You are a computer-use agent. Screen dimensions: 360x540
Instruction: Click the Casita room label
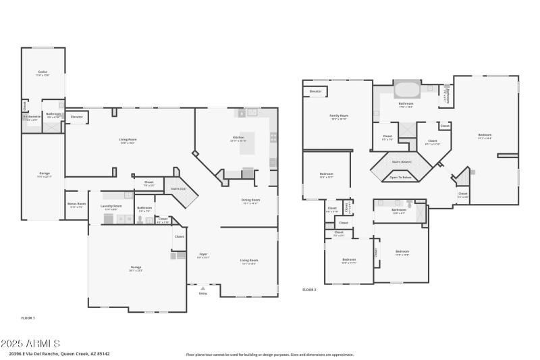click(x=43, y=72)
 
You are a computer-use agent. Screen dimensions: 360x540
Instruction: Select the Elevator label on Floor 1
click(x=77, y=118)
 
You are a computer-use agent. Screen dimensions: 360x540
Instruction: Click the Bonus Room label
click(x=76, y=203)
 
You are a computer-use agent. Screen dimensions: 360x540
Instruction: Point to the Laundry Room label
click(x=111, y=206)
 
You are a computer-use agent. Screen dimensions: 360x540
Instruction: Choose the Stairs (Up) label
click(x=178, y=189)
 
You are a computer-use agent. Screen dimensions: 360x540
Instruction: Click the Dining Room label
click(x=250, y=200)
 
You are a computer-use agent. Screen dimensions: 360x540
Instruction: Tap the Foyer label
click(x=202, y=255)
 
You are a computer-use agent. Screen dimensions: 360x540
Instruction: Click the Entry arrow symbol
click(x=202, y=288)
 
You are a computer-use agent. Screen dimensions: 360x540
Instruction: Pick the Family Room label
click(x=338, y=115)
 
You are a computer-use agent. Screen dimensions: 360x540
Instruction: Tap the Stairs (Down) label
click(x=402, y=162)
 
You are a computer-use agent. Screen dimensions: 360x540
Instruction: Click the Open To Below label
click(x=402, y=177)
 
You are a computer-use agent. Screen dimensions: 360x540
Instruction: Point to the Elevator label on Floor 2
click(x=316, y=91)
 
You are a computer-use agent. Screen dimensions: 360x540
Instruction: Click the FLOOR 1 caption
click(x=28, y=317)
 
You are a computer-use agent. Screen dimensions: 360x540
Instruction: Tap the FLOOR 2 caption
click(x=309, y=289)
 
